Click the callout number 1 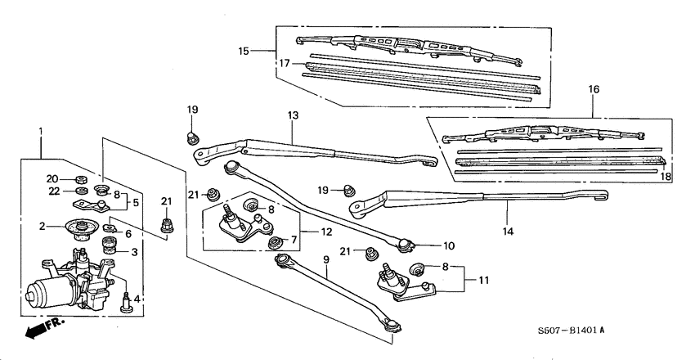pyautogui.click(x=40, y=131)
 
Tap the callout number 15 pyautogui.click(x=244, y=51)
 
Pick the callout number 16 pyautogui.click(x=594, y=88)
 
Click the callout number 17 pyautogui.click(x=285, y=63)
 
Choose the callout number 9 pyautogui.click(x=325, y=260)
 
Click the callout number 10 pyautogui.click(x=449, y=245)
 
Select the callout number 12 pyautogui.click(x=326, y=232)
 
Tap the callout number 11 pyautogui.click(x=483, y=281)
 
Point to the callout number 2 pyautogui.click(x=40, y=227)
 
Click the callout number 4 pyautogui.click(x=137, y=299)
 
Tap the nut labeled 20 pyautogui.click(x=81, y=179)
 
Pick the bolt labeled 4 pyautogui.click(x=125, y=300)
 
